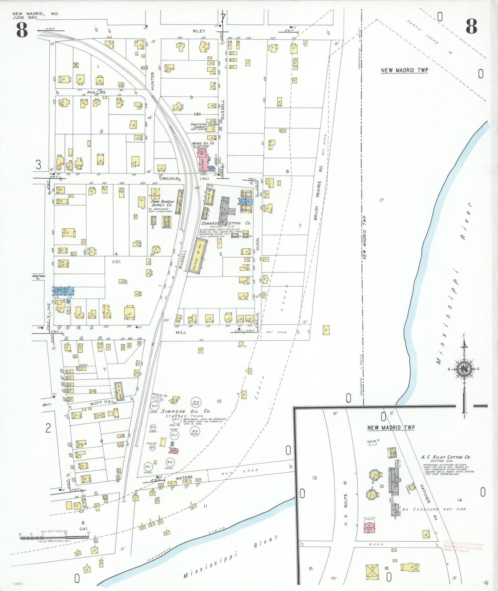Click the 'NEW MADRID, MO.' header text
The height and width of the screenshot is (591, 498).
35,14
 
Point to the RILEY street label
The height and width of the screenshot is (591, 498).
199,31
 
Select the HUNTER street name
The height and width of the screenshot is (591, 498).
153,79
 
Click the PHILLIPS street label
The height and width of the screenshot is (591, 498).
96,92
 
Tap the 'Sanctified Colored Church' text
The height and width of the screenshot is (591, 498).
205,126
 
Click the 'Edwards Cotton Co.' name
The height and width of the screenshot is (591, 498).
226,223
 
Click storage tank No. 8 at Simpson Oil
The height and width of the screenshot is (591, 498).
196,402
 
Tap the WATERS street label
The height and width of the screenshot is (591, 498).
184,478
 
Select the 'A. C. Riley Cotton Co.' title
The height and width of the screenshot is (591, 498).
446,457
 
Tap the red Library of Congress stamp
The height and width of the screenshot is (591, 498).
464,547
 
